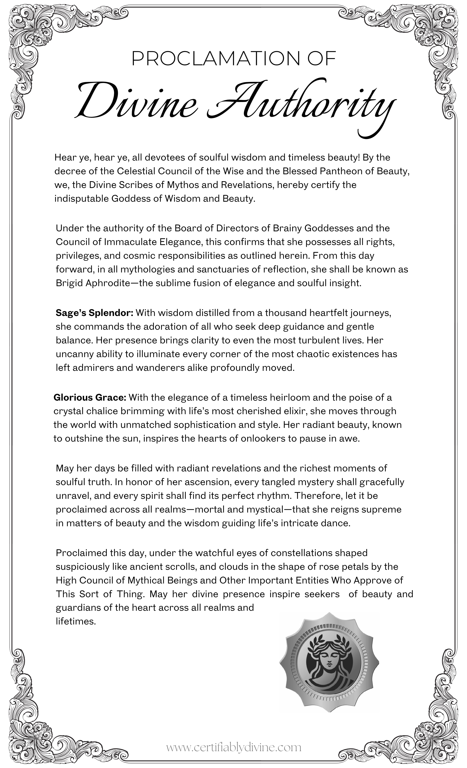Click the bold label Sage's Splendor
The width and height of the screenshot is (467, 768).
coord(94,313)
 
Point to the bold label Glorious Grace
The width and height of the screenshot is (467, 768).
coord(90,397)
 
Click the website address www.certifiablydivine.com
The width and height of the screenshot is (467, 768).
coord(233,748)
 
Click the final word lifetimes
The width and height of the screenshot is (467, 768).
coord(75,621)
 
